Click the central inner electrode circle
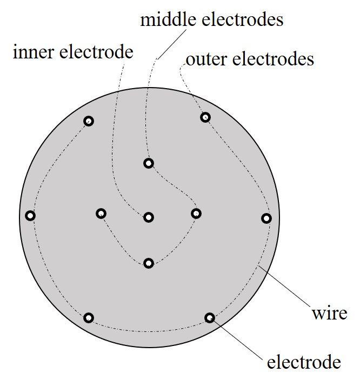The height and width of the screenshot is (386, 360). coord(149,217)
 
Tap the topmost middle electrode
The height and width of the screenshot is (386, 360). coord(149,163)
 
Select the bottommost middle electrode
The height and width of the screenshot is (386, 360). coord(149,263)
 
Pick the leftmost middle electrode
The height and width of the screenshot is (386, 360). coord(101,214)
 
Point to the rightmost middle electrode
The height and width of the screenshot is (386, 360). coord(196,214)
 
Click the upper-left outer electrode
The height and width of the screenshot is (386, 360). coord(89,121)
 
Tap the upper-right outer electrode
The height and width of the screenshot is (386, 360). coord(205,117)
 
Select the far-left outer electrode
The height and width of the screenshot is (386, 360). coord(30,216)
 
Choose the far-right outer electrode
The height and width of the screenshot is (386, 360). coord(266,218)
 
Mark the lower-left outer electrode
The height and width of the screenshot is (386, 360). coord(89,317)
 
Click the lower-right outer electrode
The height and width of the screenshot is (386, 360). coord(210,317)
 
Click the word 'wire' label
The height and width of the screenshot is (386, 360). coord(329,313)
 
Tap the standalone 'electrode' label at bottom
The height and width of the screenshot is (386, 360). coord(304,361)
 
